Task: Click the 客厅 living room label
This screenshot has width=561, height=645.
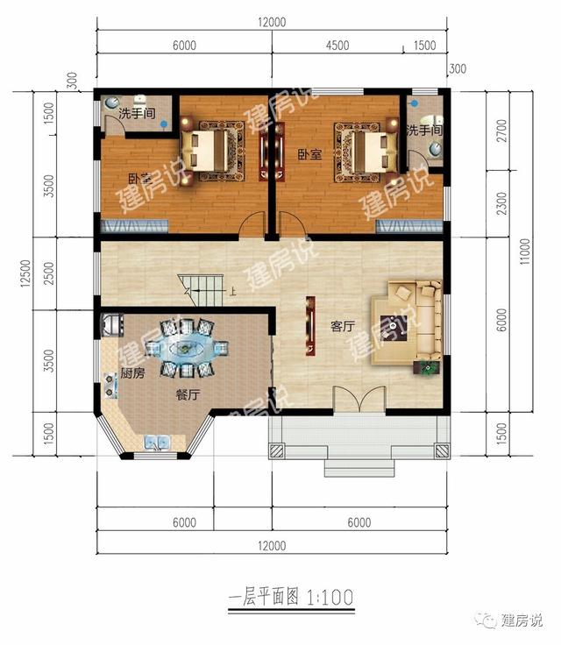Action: coord(342,326)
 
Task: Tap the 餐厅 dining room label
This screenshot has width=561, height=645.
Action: coord(188,395)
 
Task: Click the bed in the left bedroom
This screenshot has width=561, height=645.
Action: coord(209,148)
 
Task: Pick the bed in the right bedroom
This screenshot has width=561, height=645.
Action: coord(364,148)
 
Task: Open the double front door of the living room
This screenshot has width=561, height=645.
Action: coord(357,399)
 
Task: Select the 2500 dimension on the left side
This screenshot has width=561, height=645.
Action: coord(49,273)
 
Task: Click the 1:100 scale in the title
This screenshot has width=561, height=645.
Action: coord(330,598)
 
